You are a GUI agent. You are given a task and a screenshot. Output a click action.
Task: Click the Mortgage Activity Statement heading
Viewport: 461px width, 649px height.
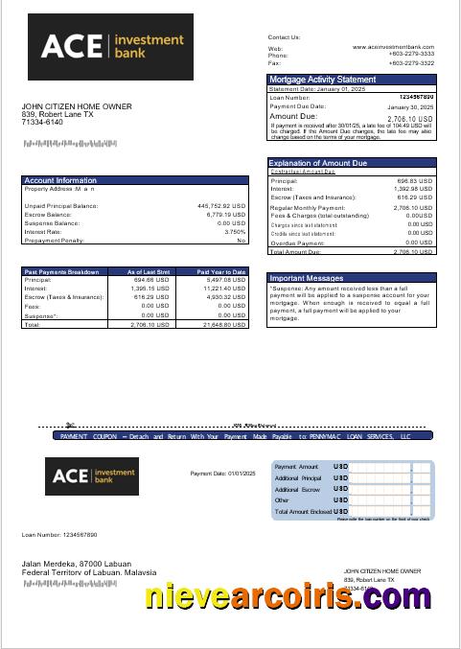[322, 79]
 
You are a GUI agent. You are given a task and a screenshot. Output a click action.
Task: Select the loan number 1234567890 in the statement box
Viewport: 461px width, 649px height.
[416, 97]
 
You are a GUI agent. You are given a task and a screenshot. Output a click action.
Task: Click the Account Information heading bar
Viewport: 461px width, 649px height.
[135, 180]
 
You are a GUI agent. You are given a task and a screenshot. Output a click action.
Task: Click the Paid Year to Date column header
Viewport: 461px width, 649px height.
[221, 272]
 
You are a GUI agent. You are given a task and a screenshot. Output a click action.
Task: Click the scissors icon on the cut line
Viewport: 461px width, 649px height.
[70, 424]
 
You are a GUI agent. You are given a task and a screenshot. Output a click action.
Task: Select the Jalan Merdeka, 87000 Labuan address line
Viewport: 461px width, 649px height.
[81, 565]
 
